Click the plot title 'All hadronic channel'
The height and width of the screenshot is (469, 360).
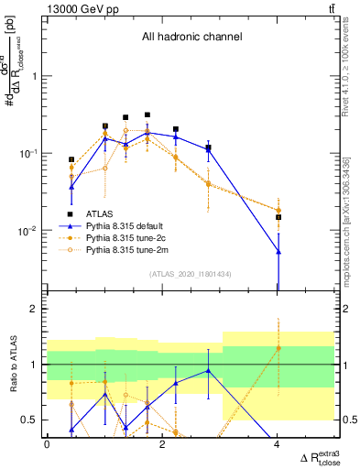(191, 38)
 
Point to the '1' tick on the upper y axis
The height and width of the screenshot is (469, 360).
(35, 77)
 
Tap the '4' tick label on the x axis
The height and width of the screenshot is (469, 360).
(278, 445)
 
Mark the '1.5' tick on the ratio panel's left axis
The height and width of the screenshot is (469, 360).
(32, 337)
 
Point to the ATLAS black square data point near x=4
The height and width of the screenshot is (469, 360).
(278, 217)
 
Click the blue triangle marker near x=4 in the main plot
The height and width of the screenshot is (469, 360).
(278, 251)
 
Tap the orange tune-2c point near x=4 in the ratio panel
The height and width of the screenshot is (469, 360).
(278, 348)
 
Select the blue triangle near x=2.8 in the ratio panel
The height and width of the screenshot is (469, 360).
(209, 371)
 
